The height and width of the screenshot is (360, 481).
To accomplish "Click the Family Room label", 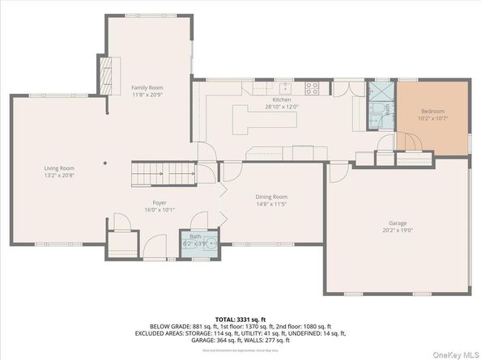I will (x=148, y=87).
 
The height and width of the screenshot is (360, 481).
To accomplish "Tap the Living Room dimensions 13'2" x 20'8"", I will (x=59, y=176).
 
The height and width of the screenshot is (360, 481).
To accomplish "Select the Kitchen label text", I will (x=281, y=99).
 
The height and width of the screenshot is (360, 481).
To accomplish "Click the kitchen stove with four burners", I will (x=313, y=86).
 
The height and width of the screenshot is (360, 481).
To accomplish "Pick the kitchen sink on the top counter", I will (x=285, y=86).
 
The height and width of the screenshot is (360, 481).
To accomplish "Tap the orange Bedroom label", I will (x=431, y=112).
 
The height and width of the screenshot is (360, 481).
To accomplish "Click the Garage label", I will (x=397, y=222).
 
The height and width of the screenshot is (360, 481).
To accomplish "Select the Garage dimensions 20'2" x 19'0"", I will (x=397, y=230).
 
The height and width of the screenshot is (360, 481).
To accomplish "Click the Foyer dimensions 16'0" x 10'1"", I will (x=160, y=210).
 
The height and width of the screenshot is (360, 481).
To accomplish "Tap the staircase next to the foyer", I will (x=164, y=172).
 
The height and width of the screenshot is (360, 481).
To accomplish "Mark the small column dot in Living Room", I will (x=105, y=162).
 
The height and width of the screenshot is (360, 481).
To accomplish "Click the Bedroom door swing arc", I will (x=411, y=144).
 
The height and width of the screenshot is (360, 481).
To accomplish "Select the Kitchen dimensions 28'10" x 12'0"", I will (x=281, y=106).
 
